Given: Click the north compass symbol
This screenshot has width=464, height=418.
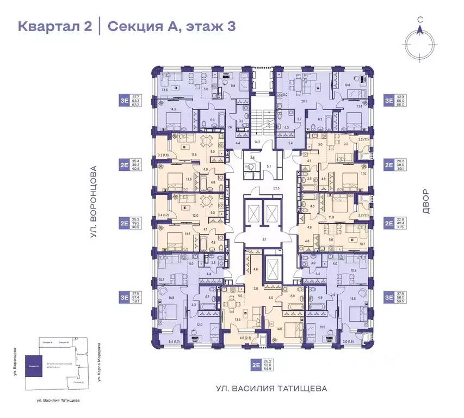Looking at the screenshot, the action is tap(420, 41).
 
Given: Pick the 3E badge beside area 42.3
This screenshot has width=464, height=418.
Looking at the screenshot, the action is tap(388, 100).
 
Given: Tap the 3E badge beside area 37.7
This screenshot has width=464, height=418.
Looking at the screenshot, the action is tap(124, 100).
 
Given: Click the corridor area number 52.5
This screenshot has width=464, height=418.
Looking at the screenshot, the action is tap(265, 188).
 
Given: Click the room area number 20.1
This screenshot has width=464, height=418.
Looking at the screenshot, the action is tap(305, 101).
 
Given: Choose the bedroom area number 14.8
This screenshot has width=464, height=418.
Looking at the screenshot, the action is tap(172, 298).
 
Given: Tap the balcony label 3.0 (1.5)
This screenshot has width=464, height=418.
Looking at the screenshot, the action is tap(348, 341).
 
